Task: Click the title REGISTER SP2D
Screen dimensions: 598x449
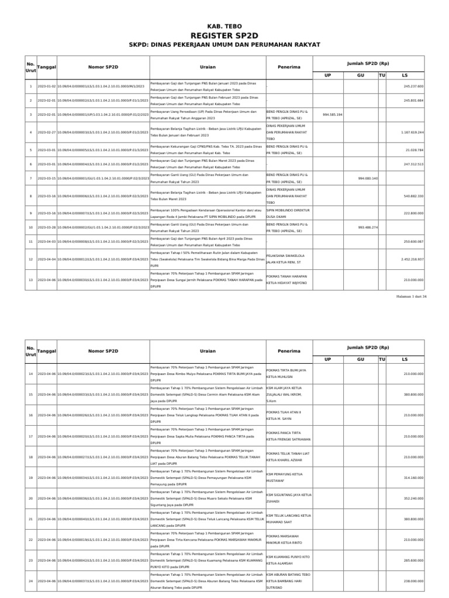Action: click(224, 34)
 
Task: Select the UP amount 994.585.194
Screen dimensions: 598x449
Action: click(332, 114)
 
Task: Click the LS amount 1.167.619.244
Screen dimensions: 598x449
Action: click(412, 132)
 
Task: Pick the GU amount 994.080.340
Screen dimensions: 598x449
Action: click(368, 178)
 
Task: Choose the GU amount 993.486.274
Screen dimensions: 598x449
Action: click(368, 227)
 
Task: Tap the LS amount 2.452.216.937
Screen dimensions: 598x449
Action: click(412, 259)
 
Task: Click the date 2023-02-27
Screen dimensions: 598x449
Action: click(46, 132)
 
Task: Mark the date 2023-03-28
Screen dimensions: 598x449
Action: click(46, 227)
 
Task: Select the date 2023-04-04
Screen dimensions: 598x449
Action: click(46, 259)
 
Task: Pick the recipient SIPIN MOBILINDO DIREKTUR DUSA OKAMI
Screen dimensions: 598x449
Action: click(288, 213)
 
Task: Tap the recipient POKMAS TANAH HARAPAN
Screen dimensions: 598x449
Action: click(287, 276)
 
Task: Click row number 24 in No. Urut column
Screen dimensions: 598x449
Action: click(30, 582)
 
